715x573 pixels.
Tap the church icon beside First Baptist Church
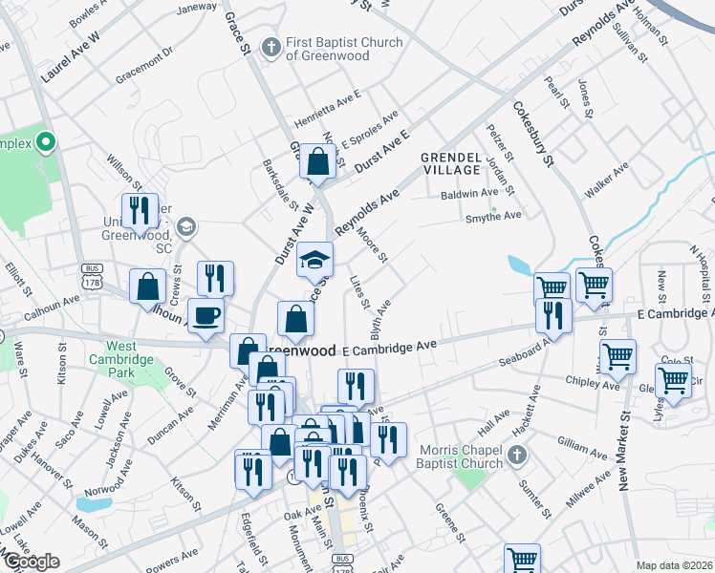pyautogui.click(x=271, y=46)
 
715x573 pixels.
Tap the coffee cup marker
pyautogui.click(x=205, y=316)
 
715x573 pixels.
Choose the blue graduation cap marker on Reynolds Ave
pyautogui.click(x=314, y=258)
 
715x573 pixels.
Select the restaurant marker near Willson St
pyautogui.click(x=141, y=212)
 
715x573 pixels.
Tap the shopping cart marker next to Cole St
pyautogui.click(x=674, y=379)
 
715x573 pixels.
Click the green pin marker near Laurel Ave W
pyautogui.click(x=45, y=144)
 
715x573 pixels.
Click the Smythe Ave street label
pyautogui.click(x=493, y=216)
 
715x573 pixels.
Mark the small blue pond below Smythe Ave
pyautogui.click(x=521, y=265)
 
